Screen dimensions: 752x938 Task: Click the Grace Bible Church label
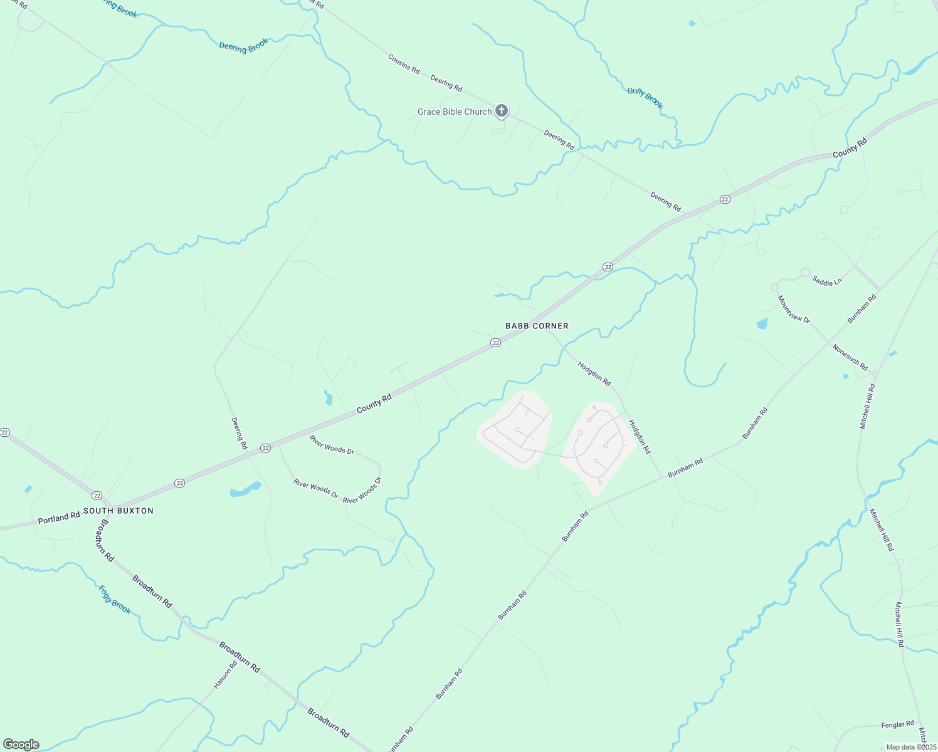pyautogui.click(x=455, y=112)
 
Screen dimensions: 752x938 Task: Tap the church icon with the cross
pyautogui.click(x=501, y=112)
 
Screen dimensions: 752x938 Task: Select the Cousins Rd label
pyautogui.click(x=404, y=64)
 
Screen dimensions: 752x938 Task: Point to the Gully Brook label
pyautogui.click(x=645, y=97)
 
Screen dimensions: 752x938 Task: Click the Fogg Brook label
pyautogui.click(x=115, y=600)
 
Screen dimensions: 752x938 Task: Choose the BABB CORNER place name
pyautogui.click(x=537, y=326)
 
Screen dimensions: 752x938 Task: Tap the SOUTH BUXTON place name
pyautogui.click(x=119, y=511)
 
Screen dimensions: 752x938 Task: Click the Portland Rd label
pyautogui.click(x=59, y=518)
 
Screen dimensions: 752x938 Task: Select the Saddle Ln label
pyautogui.click(x=826, y=281)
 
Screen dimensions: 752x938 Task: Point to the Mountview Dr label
pyautogui.click(x=794, y=310)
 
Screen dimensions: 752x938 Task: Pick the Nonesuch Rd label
pyautogui.click(x=850, y=357)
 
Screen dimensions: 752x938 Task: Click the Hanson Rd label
pyautogui.click(x=225, y=675)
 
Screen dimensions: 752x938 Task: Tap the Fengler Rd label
pyautogui.click(x=897, y=724)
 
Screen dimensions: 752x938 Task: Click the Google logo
pyautogui.click(x=21, y=744)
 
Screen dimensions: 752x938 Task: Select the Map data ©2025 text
pyautogui.click(x=911, y=747)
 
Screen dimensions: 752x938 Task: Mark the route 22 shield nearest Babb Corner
pyautogui.click(x=495, y=343)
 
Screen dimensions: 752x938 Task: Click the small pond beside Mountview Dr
pyautogui.click(x=762, y=324)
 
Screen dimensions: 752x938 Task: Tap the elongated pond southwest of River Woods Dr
pyautogui.click(x=245, y=489)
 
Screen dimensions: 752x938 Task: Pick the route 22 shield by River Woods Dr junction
pyautogui.click(x=266, y=448)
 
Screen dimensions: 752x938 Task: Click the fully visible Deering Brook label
pyautogui.click(x=243, y=46)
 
